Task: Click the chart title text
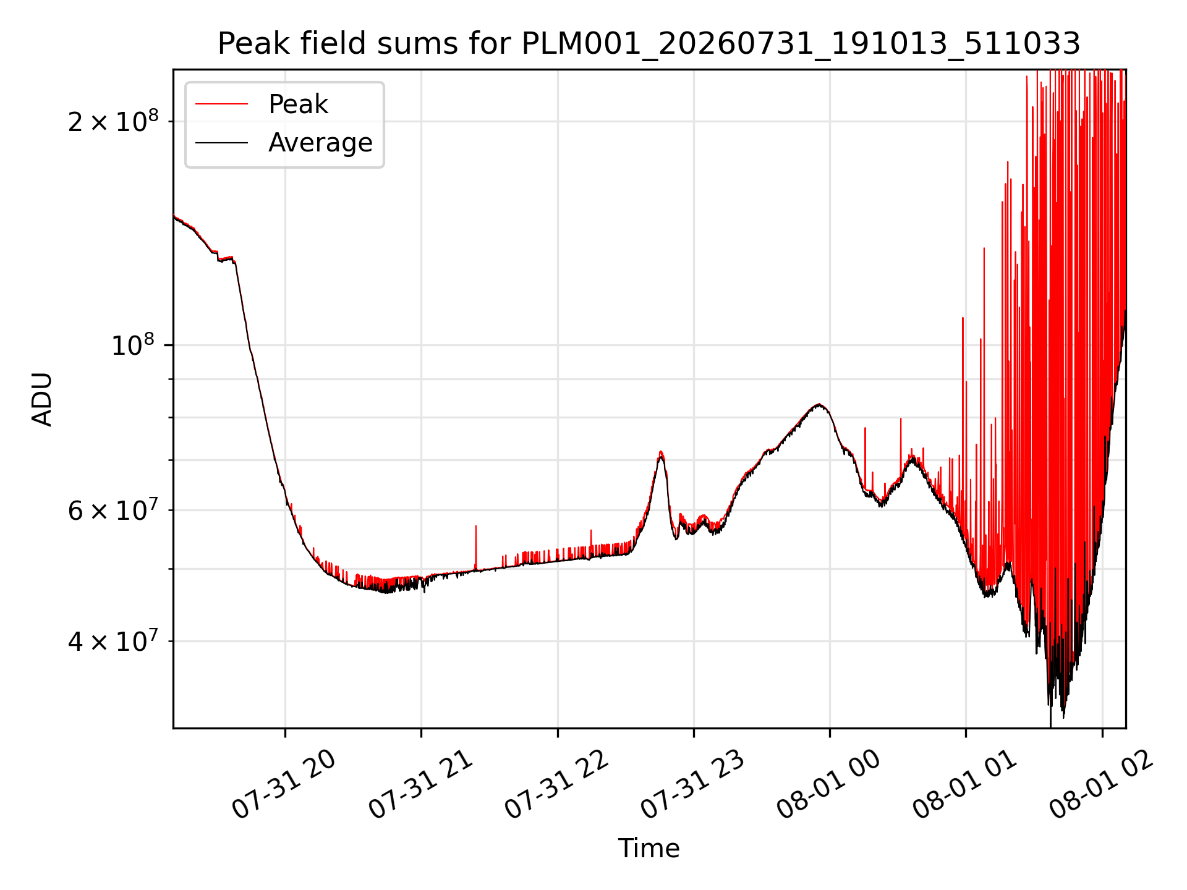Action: (x=649, y=44)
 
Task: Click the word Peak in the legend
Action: (x=298, y=104)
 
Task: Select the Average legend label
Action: (x=320, y=143)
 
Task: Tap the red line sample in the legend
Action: (x=221, y=104)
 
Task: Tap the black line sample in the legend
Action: (x=221, y=143)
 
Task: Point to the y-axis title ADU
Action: (x=42, y=399)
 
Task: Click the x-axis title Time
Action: (x=649, y=849)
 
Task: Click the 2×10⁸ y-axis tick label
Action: (x=113, y=121)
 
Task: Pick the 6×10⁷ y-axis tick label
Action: (x=113, y=510)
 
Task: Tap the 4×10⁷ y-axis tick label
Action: (x=113, y=640)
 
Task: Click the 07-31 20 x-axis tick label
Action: (x=284, y=784)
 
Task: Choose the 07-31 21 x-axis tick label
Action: (x=421, y=784)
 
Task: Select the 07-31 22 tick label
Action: (x=557, y=784)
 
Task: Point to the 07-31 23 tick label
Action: (x=693, y=784)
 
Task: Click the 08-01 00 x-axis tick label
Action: (x=829, y=784)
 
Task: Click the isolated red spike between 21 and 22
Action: (x=476, y=547)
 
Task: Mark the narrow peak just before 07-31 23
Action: (x=661, y=453)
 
